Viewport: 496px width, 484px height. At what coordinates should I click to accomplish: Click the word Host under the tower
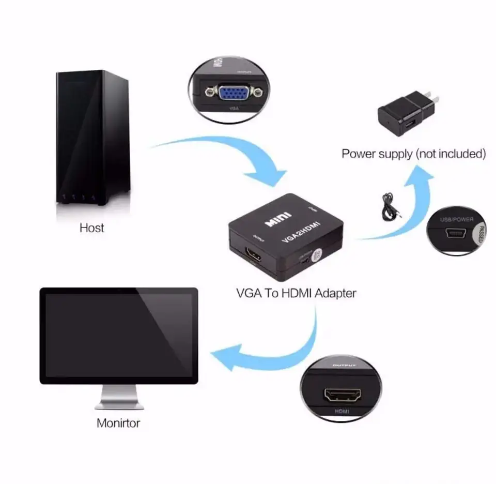pos(92,228)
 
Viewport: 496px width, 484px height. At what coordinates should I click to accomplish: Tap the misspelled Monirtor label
pos(118,423)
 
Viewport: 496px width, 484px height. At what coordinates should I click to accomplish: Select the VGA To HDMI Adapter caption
pos(296,293)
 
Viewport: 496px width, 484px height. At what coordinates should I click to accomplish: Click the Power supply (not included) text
pos(413,154)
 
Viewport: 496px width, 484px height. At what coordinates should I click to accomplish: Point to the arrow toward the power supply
pos(408,207)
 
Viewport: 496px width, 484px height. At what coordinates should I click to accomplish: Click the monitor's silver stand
pos(118,398)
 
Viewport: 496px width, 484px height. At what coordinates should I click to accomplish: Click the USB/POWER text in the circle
pos(456,219)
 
